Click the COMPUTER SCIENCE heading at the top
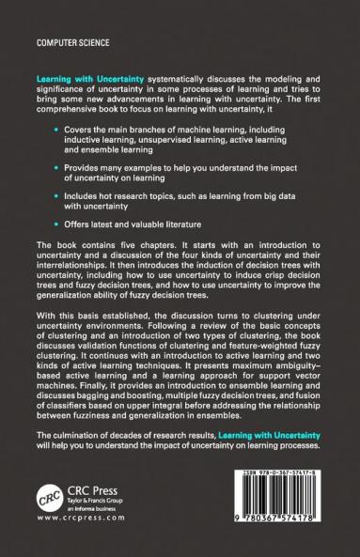tap(68, 42)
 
